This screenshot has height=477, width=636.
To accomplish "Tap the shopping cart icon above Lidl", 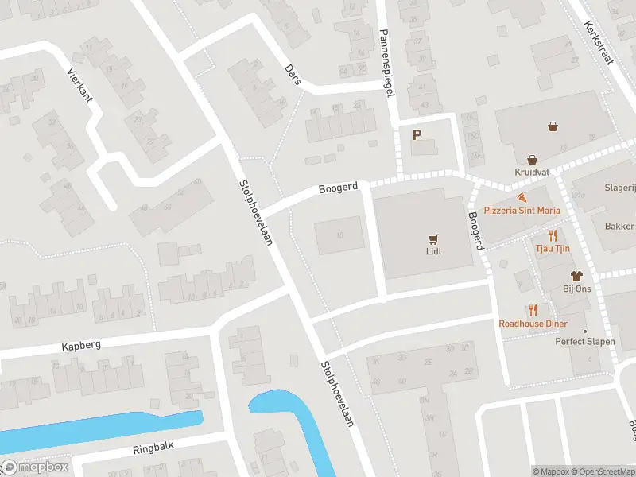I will point(433,238).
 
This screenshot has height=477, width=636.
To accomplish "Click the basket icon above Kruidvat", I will point(553,126).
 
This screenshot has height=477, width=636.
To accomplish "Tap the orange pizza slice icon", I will point(521,196).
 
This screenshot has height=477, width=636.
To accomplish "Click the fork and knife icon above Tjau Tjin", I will point(552,235).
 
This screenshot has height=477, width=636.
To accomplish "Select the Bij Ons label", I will point(578,289).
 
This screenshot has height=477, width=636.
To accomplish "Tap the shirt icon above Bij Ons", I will point(578,275).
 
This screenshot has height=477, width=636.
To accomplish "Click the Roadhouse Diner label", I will point(533,324).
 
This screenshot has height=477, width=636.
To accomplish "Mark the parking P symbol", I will point(416,135).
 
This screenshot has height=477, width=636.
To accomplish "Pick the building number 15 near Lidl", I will point(340,235).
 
